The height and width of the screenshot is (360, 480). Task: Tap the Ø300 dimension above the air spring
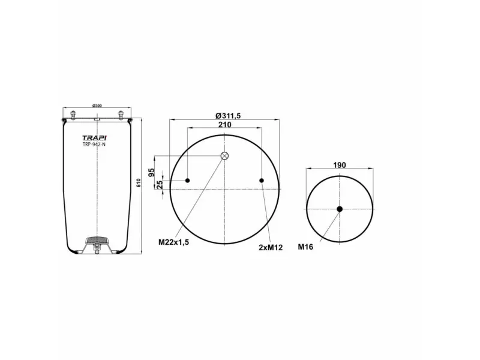click(97, 106)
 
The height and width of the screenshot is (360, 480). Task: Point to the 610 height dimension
click(139, 182)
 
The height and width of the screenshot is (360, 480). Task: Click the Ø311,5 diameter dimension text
click(224, 116)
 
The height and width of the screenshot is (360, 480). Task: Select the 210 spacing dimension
click(224, 125)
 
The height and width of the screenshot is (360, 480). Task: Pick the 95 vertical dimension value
click(160, 172)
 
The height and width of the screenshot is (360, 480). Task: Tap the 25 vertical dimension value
click(160, 185)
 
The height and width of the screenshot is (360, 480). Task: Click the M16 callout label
click(306, 246)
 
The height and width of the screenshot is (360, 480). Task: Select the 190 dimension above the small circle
click(340, 164)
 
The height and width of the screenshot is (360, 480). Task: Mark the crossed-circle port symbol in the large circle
click(224, 156)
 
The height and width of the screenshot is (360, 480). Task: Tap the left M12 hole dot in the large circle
click(188, 181)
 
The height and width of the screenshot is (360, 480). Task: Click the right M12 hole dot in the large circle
click(262, 181)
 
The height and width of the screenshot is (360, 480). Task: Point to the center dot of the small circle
click(340, 209)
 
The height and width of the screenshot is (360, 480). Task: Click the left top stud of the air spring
click(73, 115)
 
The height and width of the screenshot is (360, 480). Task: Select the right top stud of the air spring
click(119, 115)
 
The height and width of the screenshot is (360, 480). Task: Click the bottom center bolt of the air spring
click(96, 251)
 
